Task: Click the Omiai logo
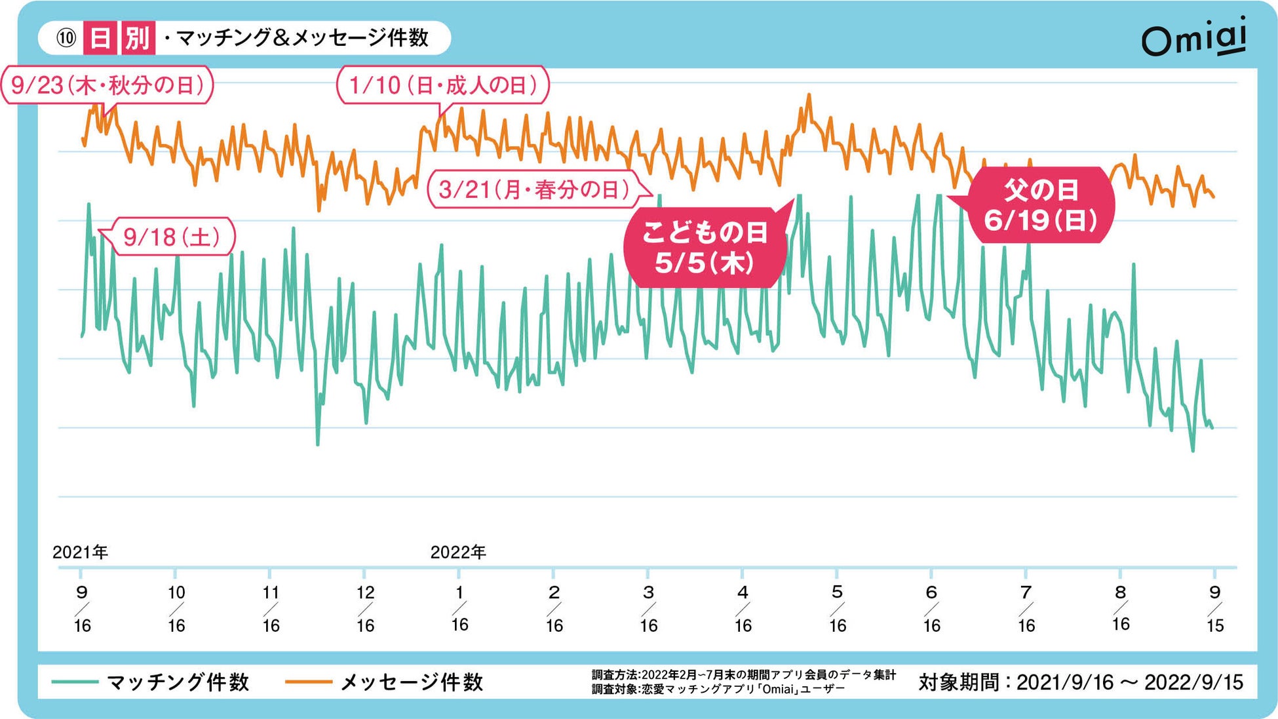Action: pyautogui.click(x=1194, y=39)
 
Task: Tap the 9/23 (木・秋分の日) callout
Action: pyautogui.click(x=107, y=85)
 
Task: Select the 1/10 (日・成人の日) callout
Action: pyautogui.click(x=442, y=85)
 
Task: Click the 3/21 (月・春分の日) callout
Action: pyautogui.click(x=534, y=190)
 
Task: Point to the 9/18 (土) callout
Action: pyautogui.click(x=172, y=237)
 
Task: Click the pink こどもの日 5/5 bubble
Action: pyautogui.click(x=705, y=248)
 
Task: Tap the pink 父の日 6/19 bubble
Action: pyautogui.click(x=1041, y=206)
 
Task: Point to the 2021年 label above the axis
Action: pyautogui.click(x=80, y=553)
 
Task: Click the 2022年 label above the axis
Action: pyautogui.click(x=458, y=553)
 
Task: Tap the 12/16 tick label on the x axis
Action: pyautogui.click(x=365, y=609)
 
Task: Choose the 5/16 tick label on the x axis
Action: pyautogui.click(x=837, y=609)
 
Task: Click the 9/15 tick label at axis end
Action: pyautogui.click(x=1214, y=609)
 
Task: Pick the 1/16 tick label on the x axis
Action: pyautogui.click(x=459, y=609)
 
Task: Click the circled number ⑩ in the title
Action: pyautogui.click(x=66, y=38)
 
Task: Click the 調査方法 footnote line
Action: pyautogui.click(x=743, y=674)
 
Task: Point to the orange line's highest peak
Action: pyautogui.click(x=809, y=96)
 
